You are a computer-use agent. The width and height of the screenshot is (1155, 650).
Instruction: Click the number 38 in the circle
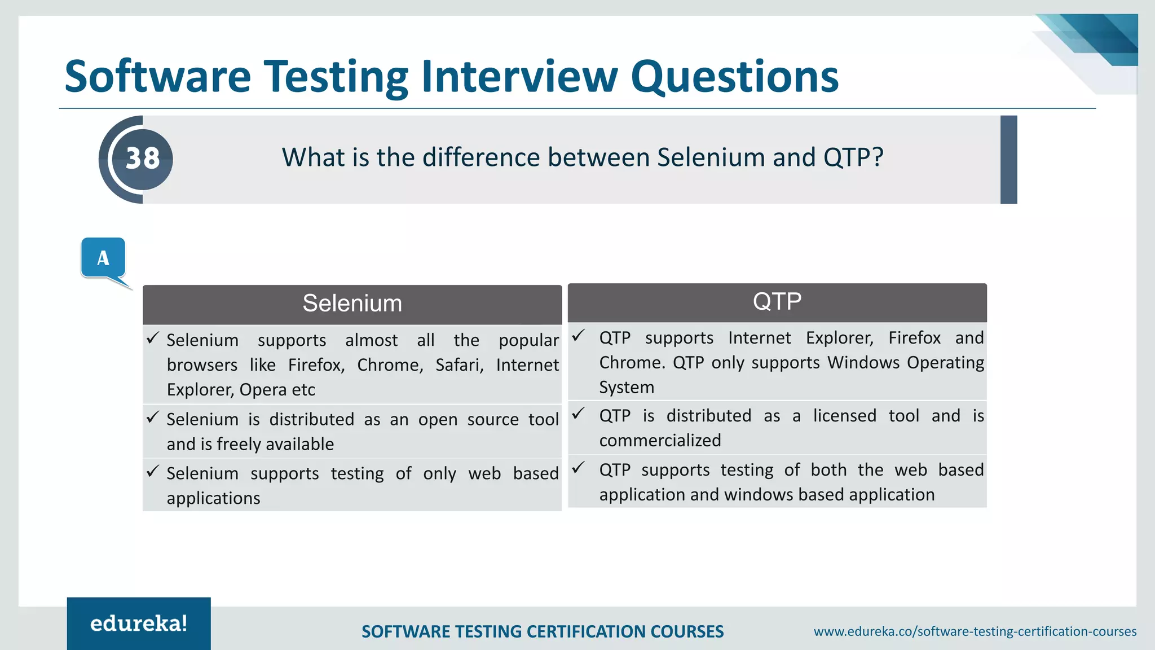coord(143,159)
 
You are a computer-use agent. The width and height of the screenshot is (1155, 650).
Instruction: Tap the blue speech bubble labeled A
coord(103,258)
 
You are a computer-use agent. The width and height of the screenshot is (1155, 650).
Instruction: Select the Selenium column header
coord(352,304)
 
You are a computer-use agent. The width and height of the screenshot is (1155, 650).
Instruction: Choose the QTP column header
coord(777,301)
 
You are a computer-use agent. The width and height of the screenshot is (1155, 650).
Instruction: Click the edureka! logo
coord(139,623)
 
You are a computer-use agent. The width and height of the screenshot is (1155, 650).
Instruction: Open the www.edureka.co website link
coord(975,631)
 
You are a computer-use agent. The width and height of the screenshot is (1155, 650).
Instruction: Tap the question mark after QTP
coord(878,157)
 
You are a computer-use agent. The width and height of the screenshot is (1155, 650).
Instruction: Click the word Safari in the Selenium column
coord(459,365)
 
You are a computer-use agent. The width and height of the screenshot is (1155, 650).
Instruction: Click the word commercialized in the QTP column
coord(660,441)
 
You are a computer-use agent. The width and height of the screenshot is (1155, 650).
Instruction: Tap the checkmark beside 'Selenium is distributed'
coord(153,418)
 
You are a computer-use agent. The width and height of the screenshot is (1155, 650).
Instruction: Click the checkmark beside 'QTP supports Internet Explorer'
coord(578,336)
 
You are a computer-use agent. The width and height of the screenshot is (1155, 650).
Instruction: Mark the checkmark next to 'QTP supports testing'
coord(578,468)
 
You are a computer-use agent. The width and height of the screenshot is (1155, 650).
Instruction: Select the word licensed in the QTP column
coord(844,416)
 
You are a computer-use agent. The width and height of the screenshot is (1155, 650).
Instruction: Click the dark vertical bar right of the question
coord(1008,160)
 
